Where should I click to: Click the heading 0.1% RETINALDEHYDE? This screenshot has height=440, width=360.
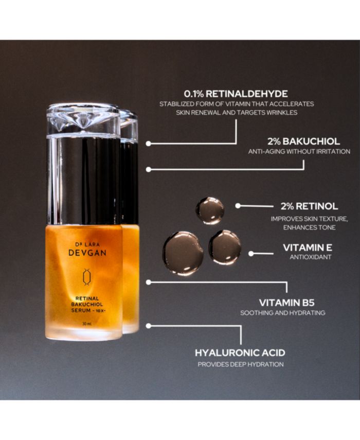coord(236,94)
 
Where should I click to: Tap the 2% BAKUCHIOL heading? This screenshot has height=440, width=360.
coord(303,141)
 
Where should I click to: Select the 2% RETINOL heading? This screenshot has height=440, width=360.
coord(309,206)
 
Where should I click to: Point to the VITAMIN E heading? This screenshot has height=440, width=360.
coord(308,248)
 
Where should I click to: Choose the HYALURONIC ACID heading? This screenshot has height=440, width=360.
coord(240,353)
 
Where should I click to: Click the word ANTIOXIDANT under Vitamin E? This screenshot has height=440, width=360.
coord(311,257)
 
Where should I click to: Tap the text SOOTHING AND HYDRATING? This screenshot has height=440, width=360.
coord(283,312)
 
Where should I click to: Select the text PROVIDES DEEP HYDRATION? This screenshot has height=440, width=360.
coord(241,364)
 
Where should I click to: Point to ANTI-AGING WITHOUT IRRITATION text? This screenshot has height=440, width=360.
coord(299,151)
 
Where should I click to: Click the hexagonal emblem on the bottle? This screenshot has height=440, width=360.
coord(86,277)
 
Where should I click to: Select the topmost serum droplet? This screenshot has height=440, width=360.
coord(210,210)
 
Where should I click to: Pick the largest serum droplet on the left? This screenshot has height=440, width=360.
coord(184,253)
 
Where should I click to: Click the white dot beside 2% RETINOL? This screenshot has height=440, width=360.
coord(238,206)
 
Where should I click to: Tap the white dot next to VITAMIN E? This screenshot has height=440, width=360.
coord(251,254)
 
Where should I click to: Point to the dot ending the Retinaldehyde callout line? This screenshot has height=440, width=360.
coord(149,144)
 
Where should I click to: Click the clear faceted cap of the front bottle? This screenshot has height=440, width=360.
coord(83,120)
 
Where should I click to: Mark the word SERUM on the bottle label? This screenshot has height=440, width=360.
coord(81,310)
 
